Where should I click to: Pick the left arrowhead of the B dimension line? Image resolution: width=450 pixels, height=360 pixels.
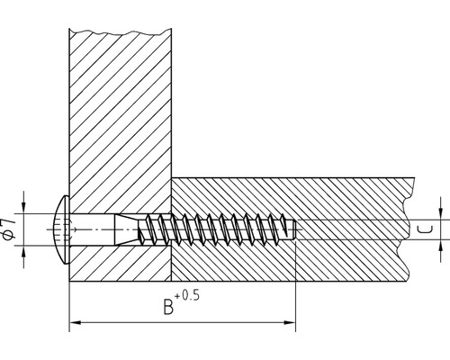[x=75, y=321]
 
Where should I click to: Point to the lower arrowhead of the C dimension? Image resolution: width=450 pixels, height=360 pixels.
[x=440, y=247]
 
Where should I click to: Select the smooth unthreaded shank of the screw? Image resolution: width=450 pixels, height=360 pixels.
[x=90, y=231]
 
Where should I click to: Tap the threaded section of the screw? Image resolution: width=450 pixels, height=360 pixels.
[x=216, y=231]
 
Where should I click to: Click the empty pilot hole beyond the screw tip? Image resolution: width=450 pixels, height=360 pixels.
[x=351, y=231]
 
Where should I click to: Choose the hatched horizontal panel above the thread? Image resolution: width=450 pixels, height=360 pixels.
[x=288, y=198]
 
